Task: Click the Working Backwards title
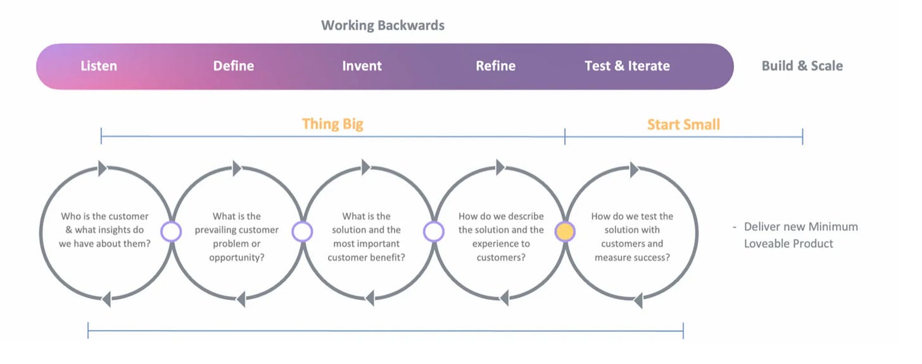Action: (382, 25)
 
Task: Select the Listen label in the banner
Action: (99, 66)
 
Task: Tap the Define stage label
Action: (234, 66)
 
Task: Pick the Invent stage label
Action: (362, 66)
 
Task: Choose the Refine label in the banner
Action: (496, 66)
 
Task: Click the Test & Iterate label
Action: (628, 66)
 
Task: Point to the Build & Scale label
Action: (802, 66)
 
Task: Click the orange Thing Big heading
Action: (332, 124)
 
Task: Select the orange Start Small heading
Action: (684, 124)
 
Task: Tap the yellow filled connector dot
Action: (565, 231)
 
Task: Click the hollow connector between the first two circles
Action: (171, 231)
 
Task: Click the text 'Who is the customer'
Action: (104, 216)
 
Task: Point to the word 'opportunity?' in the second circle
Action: (237, 257)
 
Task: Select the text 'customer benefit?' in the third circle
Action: (366, 257)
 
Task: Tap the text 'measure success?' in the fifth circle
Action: (632, 257)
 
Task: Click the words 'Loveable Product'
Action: (788, 244)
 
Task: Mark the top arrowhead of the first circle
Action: (103, 169)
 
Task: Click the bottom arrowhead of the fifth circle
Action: (638, 301)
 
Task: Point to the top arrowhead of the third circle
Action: (366, 167)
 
